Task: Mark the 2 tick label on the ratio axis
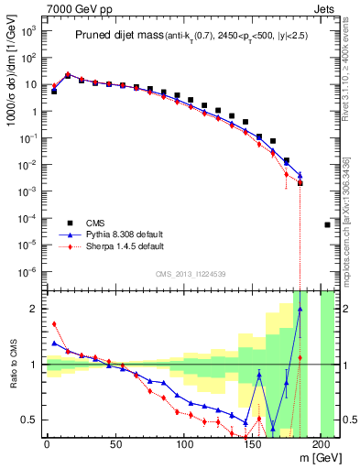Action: click(x=36, y=309)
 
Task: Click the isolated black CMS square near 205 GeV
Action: click(x=328, y=224)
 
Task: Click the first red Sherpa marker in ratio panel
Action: click(x=54, y=323)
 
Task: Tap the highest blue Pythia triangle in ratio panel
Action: click(x=300, y=310)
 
